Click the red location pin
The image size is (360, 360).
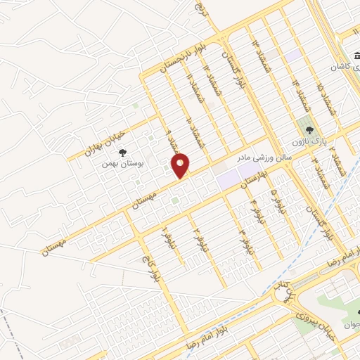[181, 165]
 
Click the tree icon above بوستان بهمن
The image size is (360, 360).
[122, 151]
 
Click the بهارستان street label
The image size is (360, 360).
[255, 179]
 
